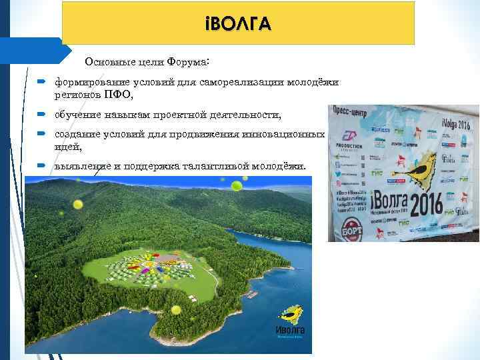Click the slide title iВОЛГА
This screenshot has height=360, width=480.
click(x=238, y=24)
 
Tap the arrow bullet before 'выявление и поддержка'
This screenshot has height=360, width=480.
click(x=41, y=165)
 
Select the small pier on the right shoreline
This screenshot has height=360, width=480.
click(x=253, y=294)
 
